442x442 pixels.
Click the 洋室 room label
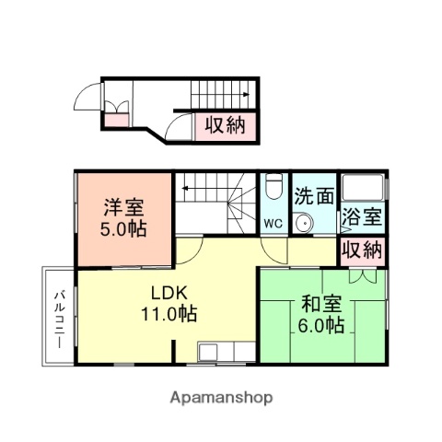123,207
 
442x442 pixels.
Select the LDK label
169,293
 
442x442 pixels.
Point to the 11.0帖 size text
169,313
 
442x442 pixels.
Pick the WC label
273,222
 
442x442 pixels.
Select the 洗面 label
314,196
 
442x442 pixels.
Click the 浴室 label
362,218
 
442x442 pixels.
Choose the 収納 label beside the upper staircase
225,124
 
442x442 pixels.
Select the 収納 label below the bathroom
362,249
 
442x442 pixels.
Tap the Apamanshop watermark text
221,398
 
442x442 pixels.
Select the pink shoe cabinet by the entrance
116,118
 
